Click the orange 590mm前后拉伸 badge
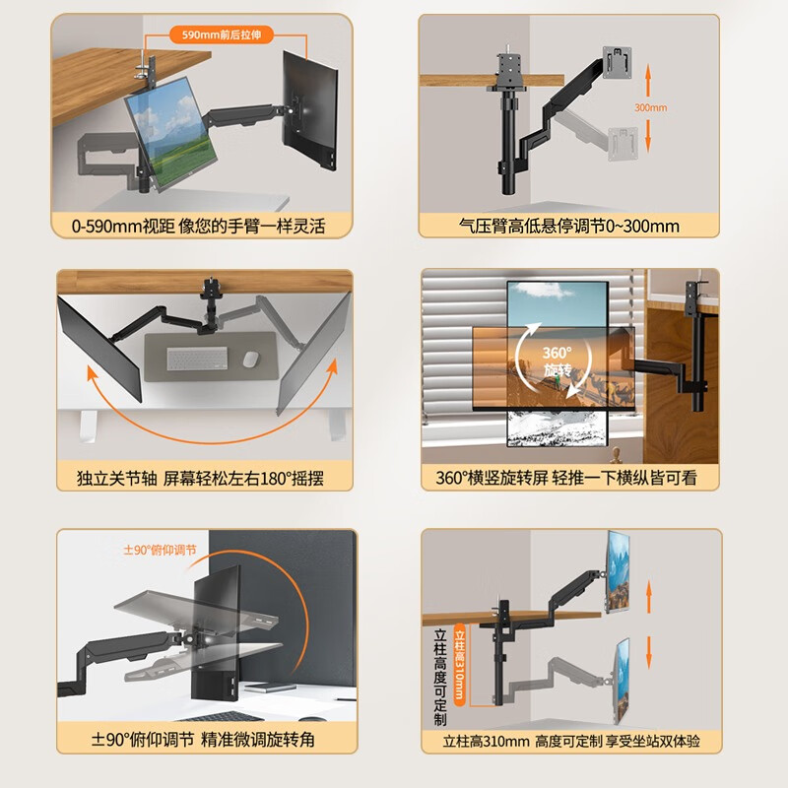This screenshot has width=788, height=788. pyautogui.click(x=221, y=34)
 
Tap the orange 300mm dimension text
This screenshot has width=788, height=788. pyautogui.click(x=650, y=107)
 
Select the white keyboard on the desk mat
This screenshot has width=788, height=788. pyautogui.click(x=197, y=358)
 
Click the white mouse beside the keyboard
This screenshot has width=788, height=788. pyautogui.click(x=251, y=359)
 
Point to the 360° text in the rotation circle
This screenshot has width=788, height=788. pyautogui.click(x=557, y=353)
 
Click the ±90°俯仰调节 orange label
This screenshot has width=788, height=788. pyautogui.click(x=160, y=550)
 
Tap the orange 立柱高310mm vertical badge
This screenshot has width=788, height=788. pyautogui.click(x=459, y=664)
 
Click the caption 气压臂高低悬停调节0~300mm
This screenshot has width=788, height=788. pyautogui.click(x=569, y=227)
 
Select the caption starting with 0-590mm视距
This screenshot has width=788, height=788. pyautogui.click(x=199, y=227)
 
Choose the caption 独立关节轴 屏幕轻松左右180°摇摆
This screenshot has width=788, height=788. pyautogui.click(x=200, y=478)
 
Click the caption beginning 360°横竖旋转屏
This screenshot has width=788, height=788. pyautogui.click(x=566, y=478)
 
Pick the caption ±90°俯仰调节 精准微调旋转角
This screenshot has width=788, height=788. pyautogui.click(x=203, y=740)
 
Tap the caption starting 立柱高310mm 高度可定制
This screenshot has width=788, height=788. pyautogui.click(x=571, y=741)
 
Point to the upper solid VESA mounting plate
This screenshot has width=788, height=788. pyautogui.click(x=617, y=62)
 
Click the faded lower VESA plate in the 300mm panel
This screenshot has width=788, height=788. pyautogui.click(x=624, y=144)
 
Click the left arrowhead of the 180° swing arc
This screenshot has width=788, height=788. pyautogui.click(x=92, y=373)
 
